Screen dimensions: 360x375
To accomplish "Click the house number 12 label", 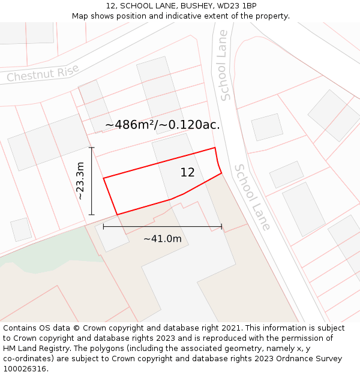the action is coord(187,173).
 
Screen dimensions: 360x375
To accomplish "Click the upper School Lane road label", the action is coord(223,65).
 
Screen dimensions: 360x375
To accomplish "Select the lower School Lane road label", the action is coord(253,197).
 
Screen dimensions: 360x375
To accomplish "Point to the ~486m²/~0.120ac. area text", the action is coord(163,125).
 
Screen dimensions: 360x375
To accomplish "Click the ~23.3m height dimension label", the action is coord(80,181).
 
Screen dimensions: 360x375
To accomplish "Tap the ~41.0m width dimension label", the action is coord(162,239).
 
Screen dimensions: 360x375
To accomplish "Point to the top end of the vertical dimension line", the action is coord(91,147).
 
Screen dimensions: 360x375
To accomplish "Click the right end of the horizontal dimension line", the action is coord(221,227).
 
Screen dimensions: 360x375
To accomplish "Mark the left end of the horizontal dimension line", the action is coord(104,227).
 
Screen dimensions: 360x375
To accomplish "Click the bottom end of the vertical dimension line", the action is coord(91,214).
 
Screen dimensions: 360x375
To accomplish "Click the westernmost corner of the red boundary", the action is coord(104,178).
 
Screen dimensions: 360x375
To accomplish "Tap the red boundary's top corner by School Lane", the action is coord(215,148).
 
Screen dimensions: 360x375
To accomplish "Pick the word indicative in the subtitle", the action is coord(190,16).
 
